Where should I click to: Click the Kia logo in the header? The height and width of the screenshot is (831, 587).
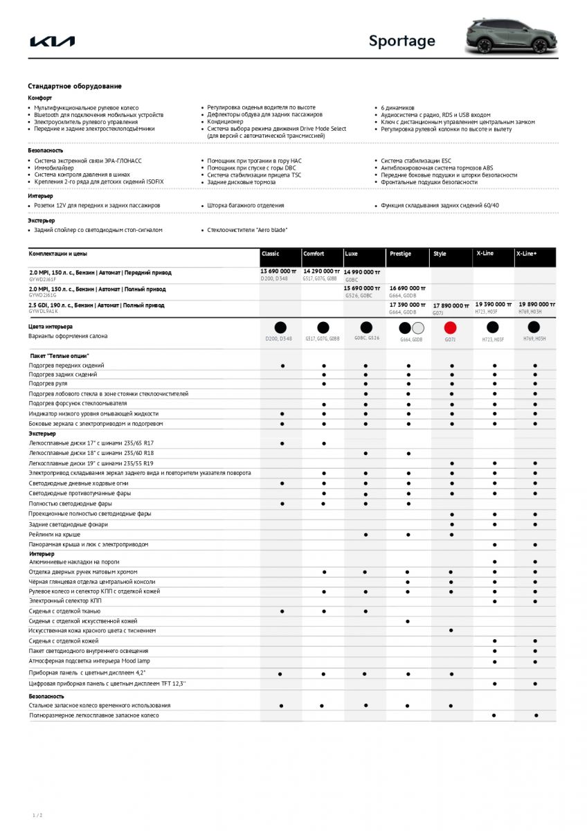tap(53, 42)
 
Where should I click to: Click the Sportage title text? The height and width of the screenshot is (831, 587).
tap(401, 41)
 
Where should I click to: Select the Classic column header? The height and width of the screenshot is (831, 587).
tap(271, 254)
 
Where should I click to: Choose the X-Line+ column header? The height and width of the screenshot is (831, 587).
tap(526, 254)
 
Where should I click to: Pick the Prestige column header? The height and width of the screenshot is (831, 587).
tap(400, 254)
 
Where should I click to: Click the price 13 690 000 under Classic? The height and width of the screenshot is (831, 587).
tap(278, 271)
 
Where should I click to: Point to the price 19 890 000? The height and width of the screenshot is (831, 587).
tap(537, 304)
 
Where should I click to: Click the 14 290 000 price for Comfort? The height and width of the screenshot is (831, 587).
tap(321, 271)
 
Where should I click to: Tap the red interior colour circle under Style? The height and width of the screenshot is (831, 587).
tap(451, 328)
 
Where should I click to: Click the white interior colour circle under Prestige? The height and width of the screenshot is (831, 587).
tap(417, 328)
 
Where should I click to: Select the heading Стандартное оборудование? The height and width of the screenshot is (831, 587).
tap(75, 86)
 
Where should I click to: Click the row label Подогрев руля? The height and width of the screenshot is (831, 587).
tap(48, 384)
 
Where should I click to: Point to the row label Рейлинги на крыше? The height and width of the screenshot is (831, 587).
tap(55, 535)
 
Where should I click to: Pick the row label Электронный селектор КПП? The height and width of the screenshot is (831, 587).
tap(65, 601)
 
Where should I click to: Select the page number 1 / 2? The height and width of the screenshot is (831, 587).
tap(37, 815)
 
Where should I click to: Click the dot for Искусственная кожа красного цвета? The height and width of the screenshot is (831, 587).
tap(451, 631)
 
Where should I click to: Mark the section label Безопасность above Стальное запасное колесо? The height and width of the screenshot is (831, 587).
tap(46, 696)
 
